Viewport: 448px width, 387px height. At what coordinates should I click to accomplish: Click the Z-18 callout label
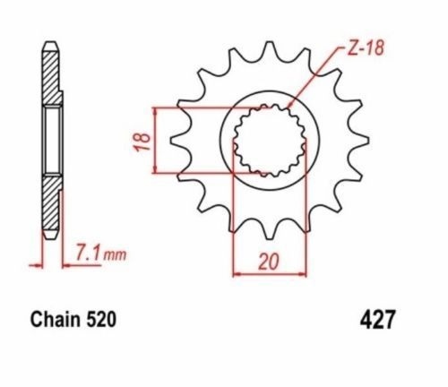point(366,48)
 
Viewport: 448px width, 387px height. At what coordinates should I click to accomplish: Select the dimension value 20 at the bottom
point(269,262)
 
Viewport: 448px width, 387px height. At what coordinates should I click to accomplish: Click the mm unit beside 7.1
point(115,255)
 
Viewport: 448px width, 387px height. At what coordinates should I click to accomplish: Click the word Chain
point(56,319)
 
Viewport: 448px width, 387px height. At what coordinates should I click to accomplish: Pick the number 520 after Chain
point(100,319)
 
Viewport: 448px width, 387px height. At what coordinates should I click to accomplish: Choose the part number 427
point(377,319)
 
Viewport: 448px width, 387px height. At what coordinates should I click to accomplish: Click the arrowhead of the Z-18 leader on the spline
point(289,105)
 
